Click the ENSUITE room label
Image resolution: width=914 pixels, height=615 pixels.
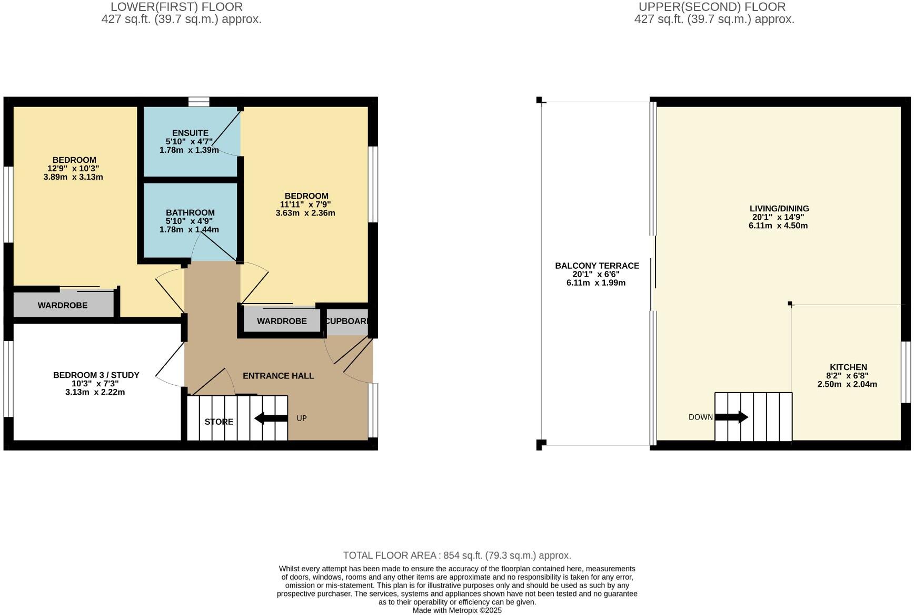coord(190,133)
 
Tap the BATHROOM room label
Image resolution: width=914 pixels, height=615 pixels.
coord(190,212)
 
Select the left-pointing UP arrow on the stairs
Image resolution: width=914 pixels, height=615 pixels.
coord(271,418)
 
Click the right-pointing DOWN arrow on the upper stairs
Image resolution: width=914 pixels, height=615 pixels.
coord(731,417)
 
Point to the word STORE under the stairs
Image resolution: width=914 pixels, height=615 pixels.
coord(219,422)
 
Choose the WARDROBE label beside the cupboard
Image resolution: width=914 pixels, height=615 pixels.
coord(282,321)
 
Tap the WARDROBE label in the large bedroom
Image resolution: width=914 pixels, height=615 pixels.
coord(63,305)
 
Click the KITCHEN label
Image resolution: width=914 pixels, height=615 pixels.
coord(848,367)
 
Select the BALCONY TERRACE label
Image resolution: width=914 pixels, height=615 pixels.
coord(597,266)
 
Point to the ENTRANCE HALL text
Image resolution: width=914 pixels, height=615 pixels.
coord(278,376)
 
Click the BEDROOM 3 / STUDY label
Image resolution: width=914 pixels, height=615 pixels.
coord(96,375)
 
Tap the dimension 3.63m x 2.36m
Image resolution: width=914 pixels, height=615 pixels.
coord(305,213)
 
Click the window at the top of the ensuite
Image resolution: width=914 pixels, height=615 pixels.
coord(198,101)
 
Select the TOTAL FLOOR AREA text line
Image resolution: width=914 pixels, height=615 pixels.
coord(456,555)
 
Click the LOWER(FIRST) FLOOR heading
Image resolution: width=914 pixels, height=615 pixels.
coord(176,7)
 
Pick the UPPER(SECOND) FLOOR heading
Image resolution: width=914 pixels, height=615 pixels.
coord(712,7)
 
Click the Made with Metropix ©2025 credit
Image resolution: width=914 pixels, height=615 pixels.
coord(456,610)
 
